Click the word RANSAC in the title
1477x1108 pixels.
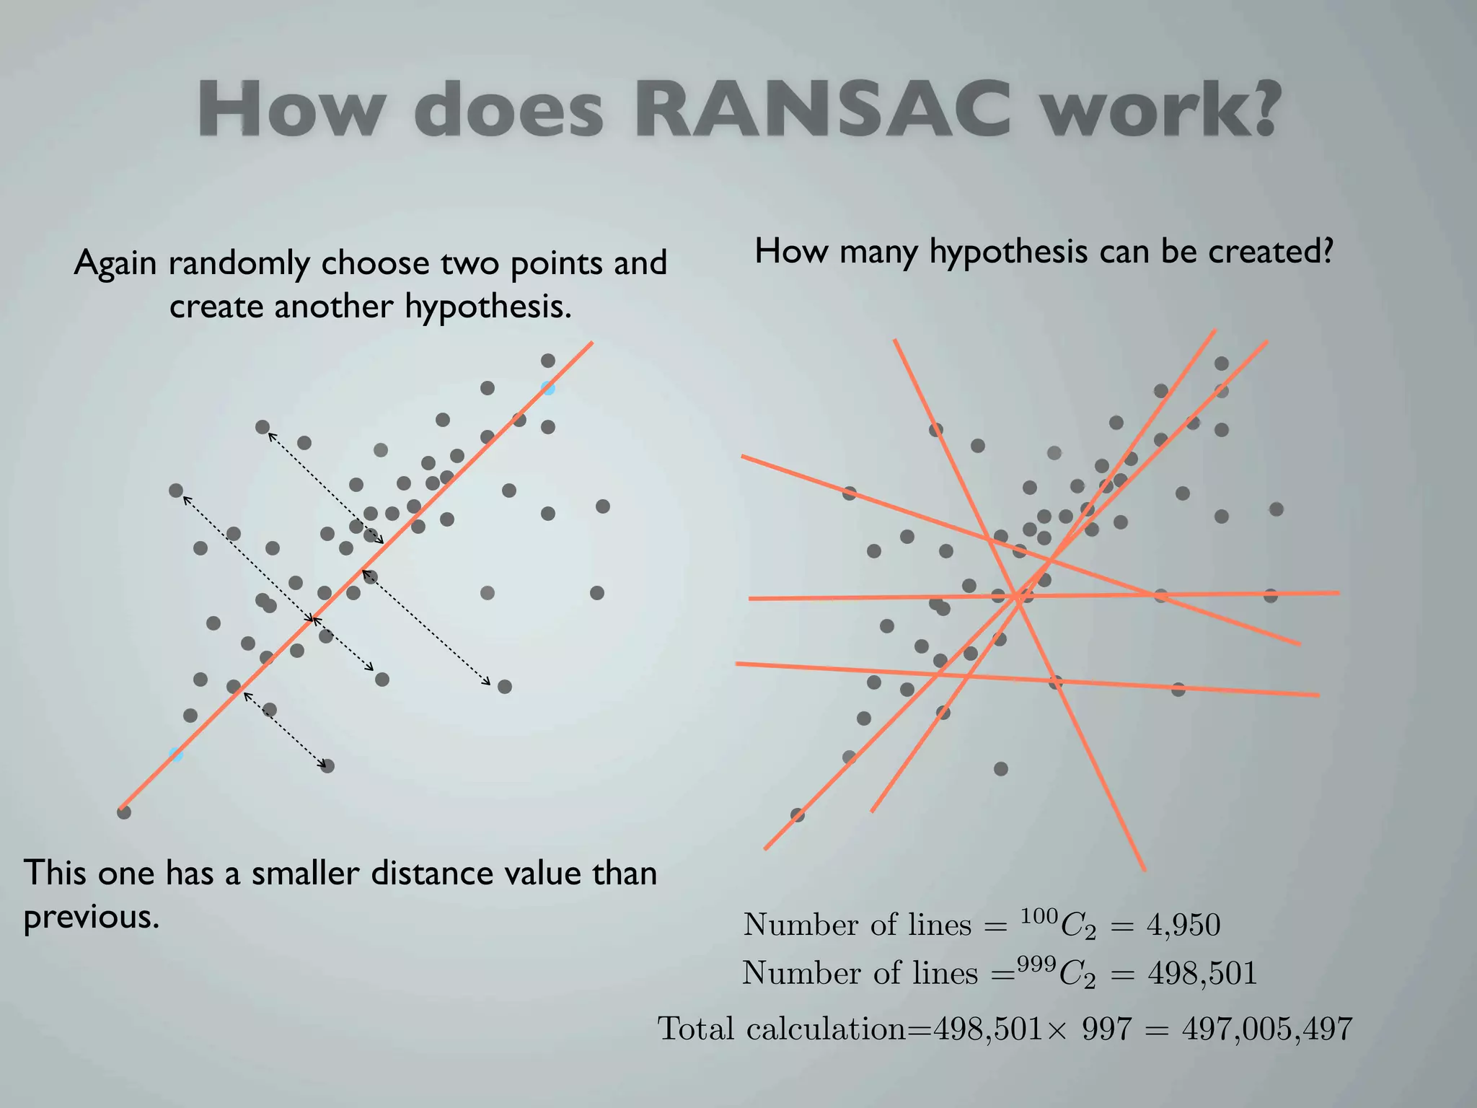click(x=826, y=110)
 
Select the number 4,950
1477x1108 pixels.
click(x=1183, y=925)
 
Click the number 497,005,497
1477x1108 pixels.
click(x=1267, y=1029)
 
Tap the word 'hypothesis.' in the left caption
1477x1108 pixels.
click(x=488, y=307)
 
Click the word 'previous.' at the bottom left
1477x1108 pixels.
click(x=92, y=918)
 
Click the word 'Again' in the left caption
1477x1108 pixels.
click(x=115, y=263)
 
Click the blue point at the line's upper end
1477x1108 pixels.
click(x=548, y=388)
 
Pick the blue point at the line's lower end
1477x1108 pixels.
click(x=176, y=755)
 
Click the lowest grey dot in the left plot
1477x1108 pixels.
click(x=124, y=812)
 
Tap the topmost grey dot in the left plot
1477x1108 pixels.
click(x=548, y=361)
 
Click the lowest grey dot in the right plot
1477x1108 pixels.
click(x=798, y=815)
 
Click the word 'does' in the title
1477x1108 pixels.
click(x=508, y=110)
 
